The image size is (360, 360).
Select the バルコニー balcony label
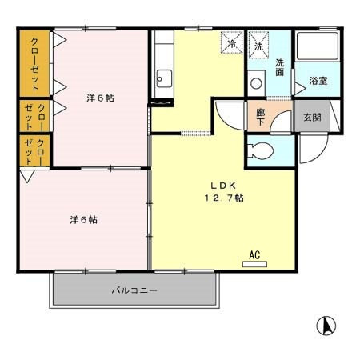pyautogui.click(x=134, y=290)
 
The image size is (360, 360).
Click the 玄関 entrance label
pyautogui.click(x=312, y=116)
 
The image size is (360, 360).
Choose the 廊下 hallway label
pyautogui.click(x=261, y=115)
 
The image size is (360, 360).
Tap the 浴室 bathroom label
pyautogui.click(x=318, y=80)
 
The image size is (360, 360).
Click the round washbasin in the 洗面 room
pyautogui.click(x=257, y=82)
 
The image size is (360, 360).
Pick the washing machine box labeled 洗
pyautogui.click(x=258, y=43)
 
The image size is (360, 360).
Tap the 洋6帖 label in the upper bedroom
pyautogui.click(x=99, y=98)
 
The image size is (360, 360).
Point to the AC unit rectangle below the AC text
pyautogui.click(x=255, y=263)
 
